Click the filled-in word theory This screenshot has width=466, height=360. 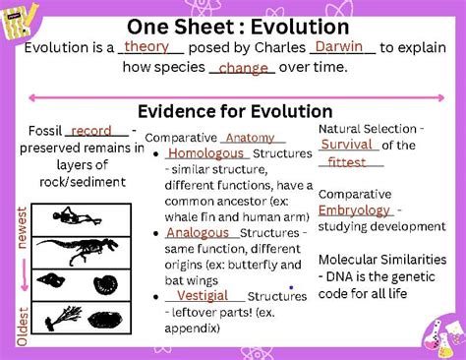[x=146, y=46]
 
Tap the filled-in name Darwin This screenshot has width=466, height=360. [x=342, y=46]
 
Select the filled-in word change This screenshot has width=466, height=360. [x=243, y=68]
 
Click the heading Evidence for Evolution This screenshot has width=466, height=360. [x=235, y=111]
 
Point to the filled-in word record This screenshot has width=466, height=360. [x=91, y=130]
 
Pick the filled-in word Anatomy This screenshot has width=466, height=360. [x=250, y=138]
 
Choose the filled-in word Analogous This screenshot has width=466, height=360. [x=198, y=233]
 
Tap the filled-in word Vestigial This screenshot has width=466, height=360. [x=203, y=295]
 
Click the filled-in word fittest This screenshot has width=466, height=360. [x=346, y=162]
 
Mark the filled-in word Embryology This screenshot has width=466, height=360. [x=354, y=210]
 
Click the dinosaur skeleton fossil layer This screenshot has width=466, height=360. [x=75, y=250]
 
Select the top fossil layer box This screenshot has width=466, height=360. [x=75, y=215]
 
